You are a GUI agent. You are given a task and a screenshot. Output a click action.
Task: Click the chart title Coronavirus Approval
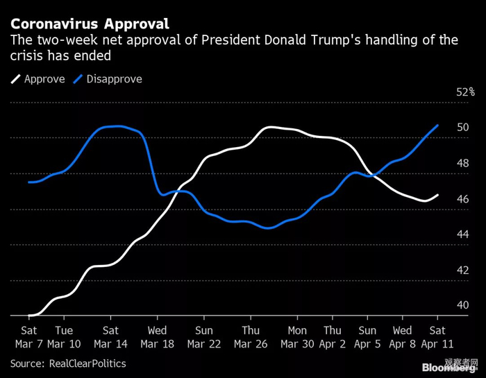coord(89,24)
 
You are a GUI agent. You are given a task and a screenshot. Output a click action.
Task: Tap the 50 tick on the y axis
coord(462,128)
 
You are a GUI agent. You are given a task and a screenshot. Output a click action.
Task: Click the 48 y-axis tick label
coord(462,164)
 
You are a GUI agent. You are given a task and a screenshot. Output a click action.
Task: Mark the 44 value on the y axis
coord(462,235)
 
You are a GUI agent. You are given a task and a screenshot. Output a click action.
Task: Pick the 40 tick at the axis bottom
coord(462,305)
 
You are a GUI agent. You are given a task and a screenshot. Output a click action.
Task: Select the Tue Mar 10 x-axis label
coord(63,336)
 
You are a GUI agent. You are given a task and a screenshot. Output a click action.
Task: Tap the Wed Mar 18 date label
coord(157,336)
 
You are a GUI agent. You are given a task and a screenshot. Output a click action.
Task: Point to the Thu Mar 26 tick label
coord(251,336)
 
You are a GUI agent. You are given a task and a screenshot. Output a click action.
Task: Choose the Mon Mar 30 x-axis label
coord(297,336)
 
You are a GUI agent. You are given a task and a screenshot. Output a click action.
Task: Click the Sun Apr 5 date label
coord(367,336)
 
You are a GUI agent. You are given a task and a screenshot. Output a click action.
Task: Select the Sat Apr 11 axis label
coord(438,336)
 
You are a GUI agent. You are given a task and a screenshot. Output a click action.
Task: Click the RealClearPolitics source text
coord(85,363)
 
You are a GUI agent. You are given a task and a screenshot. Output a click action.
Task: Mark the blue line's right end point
coord(438,126)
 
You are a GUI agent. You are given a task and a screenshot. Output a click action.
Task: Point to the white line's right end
coord(438,195)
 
